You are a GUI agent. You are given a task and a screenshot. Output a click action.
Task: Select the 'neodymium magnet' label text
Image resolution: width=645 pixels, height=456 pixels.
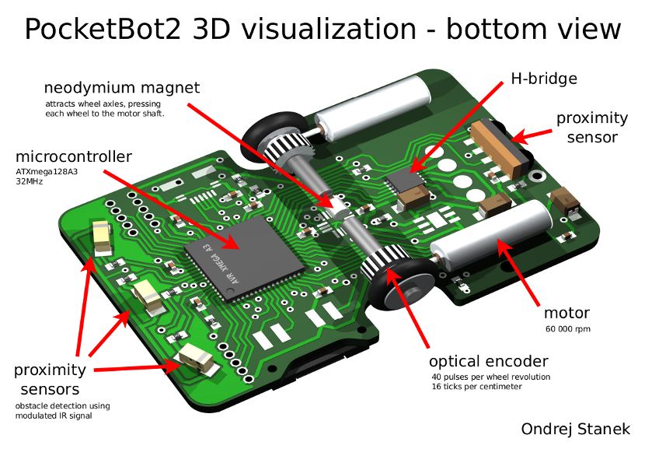tap(121, 87)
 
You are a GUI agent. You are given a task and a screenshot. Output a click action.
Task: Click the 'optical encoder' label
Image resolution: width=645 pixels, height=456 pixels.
tap(489, 361)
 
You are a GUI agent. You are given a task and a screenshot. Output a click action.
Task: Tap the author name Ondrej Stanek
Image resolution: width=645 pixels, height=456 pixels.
tap(576, 429)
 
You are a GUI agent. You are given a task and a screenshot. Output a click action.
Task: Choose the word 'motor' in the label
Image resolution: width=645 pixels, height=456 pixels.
tap(567, 314)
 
